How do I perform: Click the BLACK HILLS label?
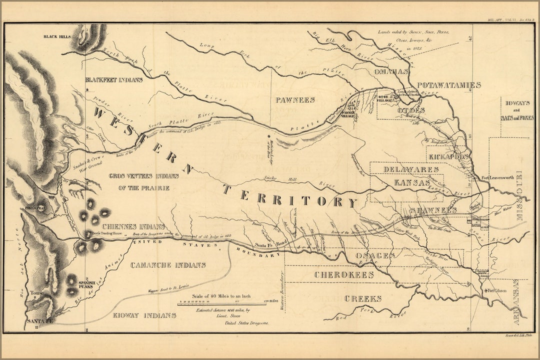tap(58, 37)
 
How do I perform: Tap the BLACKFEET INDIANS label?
tap(114, 79)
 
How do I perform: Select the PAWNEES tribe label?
tap(295, 100)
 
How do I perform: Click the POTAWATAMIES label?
tap(449, 85)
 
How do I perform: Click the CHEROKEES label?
tap(344, 275)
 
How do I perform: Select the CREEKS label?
tap(362, 298)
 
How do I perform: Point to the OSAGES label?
tap(368, 255)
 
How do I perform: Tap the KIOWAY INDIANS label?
tap(144, 315)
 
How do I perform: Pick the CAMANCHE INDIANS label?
tap(168, 265)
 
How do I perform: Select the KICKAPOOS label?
tap(448, 156)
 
